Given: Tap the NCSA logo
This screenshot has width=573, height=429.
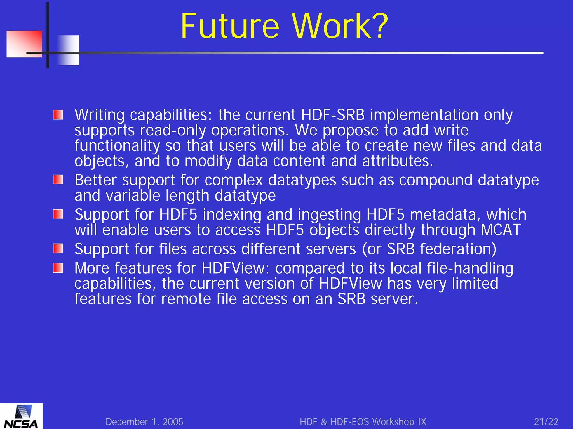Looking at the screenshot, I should point(21,417).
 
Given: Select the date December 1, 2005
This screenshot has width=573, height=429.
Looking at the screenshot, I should point(144,422).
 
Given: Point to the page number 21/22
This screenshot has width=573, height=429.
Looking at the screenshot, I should point(546,422).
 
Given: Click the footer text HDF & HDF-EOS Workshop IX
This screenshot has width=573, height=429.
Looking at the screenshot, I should point(363,422).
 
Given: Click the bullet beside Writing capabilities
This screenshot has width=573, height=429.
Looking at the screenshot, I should point(58,115).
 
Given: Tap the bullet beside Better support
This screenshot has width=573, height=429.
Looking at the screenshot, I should point(58,180).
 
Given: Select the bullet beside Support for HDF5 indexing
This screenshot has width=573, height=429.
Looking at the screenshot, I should point(58,214).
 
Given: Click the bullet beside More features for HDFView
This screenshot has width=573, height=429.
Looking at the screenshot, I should point(58,268).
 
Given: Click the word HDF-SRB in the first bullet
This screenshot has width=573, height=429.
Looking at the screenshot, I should point(333,115).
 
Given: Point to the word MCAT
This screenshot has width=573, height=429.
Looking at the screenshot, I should point(501,230).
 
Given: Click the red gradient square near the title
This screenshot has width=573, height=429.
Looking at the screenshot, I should point(24,44).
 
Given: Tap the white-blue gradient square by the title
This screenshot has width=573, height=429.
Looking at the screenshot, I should point(68,50).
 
